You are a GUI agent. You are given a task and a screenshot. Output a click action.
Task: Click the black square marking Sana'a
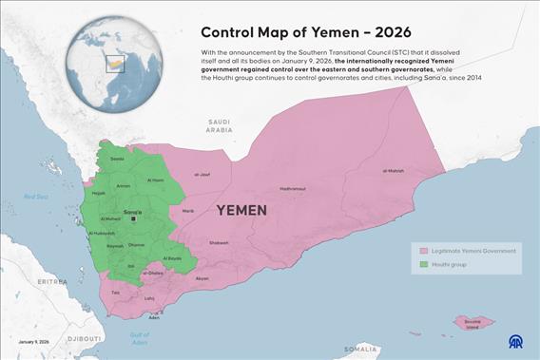134,218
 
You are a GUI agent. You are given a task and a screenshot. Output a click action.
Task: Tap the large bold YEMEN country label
248,209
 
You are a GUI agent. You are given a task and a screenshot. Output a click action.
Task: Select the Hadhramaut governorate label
292,189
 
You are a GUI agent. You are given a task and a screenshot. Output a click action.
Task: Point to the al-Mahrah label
394,171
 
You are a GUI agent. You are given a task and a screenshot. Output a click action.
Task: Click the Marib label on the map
188,211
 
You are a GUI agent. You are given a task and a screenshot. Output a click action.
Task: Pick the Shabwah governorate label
219,243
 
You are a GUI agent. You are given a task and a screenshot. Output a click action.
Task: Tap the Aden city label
154,317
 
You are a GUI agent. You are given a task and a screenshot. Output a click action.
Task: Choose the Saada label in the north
118,159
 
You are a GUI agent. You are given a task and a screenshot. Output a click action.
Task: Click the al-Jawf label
202,175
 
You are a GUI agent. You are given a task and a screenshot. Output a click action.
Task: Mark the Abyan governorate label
202,278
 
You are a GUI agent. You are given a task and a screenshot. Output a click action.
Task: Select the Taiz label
116,293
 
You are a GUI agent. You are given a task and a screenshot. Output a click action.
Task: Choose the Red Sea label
36,197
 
